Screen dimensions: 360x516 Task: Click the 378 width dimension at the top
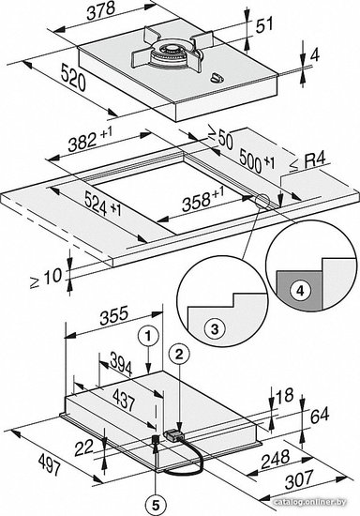[100, 12]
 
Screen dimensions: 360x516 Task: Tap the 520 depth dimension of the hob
[73, 78]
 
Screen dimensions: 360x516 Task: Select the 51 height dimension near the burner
[264, 25]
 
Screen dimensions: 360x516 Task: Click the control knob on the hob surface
[217, 78]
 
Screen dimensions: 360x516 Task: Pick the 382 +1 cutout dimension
[90, 140]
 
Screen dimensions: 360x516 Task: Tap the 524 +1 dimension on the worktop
[102, 203]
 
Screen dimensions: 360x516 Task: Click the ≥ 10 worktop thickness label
[46, 278]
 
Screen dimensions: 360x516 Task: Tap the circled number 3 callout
[215, 328]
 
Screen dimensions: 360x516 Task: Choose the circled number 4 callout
[299, 291]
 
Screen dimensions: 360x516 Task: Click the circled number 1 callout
[148, 336]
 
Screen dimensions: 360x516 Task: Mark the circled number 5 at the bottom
[156, 504]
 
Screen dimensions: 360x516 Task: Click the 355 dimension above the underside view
[113, 315]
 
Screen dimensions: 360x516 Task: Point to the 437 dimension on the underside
[124, 399]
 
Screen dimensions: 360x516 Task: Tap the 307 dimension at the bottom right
[299, 480]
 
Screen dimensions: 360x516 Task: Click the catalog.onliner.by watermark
[310, 502]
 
